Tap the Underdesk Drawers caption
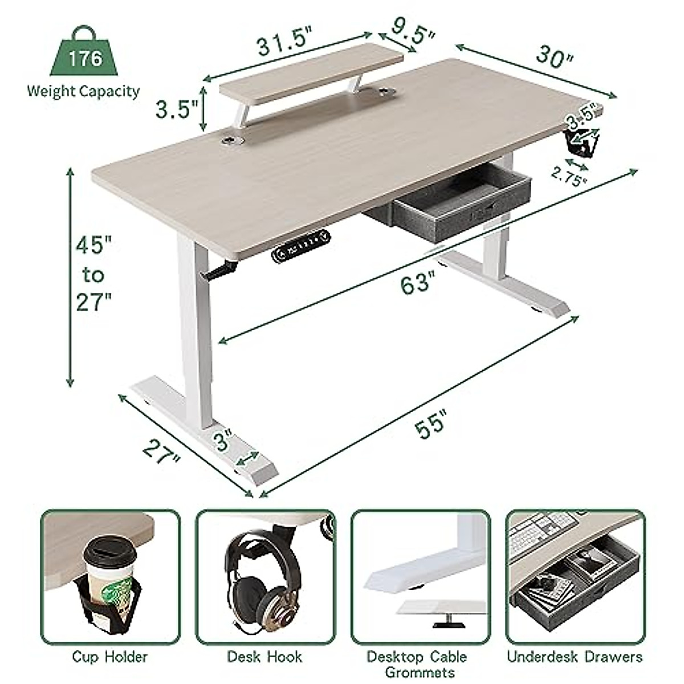coord(575,657)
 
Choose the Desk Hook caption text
coord(264,657)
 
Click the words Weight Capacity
coord(83,91)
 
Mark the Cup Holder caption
coord(109,657)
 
